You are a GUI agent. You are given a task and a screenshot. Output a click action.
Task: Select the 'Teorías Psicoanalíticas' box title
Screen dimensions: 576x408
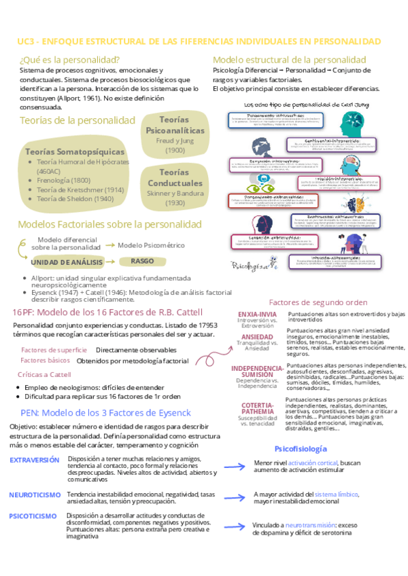click(175, 124)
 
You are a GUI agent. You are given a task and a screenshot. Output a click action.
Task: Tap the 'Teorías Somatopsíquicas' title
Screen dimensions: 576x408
click(74, 151)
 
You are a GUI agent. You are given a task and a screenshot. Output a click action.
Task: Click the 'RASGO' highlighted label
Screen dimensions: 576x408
click(143, 261)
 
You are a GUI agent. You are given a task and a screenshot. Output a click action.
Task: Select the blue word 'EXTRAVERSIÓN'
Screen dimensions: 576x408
click(35, 460)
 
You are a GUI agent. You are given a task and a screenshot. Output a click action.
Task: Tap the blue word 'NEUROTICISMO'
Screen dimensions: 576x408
click(35, 494)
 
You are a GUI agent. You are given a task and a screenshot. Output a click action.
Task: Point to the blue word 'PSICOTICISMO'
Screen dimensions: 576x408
click(33, 516)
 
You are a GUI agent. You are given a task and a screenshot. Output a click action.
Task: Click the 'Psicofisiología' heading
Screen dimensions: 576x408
click(301, 449)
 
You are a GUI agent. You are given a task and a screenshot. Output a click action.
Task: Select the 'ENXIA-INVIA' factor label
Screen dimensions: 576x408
click(257, 314)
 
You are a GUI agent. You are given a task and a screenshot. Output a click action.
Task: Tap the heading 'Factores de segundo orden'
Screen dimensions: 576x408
click(318, 302)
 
